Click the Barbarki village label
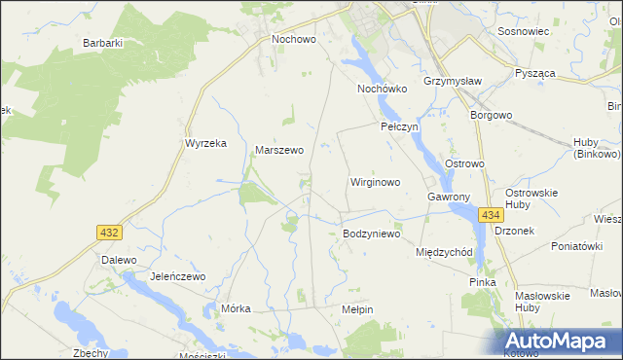tap(102, 43)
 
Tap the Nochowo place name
tap(295, 40)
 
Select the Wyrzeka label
tap(205, 143)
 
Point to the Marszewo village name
tap(279, 151)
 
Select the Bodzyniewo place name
tap(372, 234)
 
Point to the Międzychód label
tap(444, 252)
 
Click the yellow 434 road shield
tap(490, 215)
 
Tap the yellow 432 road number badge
tap(109, 232)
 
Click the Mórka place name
tap(237, 308)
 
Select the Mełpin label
tap(358, 308)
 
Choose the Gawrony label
tap(449, 197)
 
